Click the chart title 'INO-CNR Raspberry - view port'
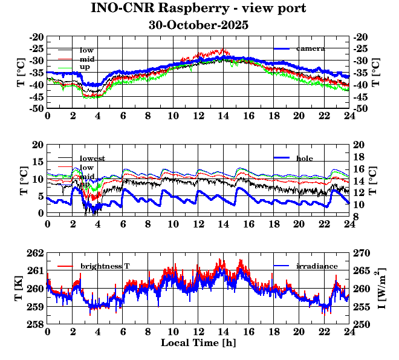198,8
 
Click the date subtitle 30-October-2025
198,25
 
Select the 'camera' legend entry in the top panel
311,48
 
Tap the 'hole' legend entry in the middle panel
305,158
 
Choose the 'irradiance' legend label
313,266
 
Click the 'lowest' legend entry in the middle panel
92,159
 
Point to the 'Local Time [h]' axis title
198,343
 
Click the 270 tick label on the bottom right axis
361,253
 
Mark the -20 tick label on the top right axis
361,37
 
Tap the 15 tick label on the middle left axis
38,162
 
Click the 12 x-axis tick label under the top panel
198,116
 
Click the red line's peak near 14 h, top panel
222,50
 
